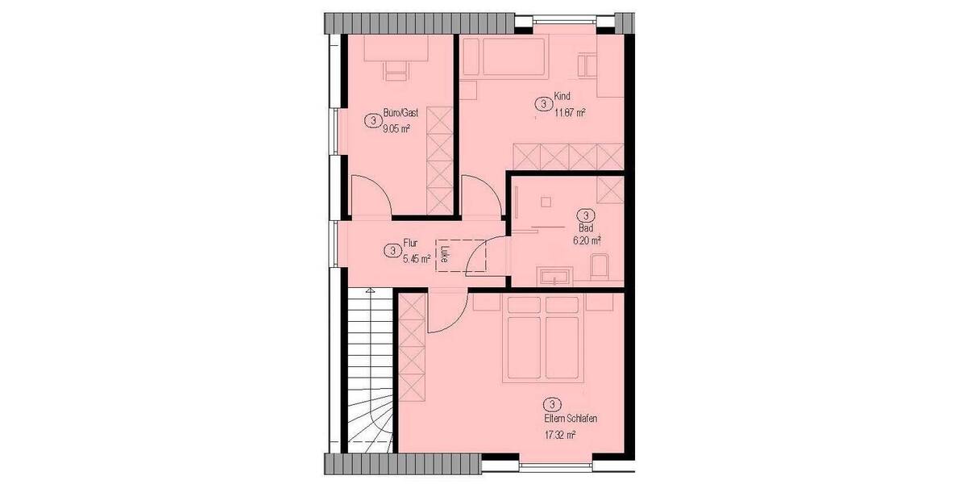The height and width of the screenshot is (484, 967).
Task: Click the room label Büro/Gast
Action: pos(400,113)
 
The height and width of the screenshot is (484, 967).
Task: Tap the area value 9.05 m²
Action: pos(396,128)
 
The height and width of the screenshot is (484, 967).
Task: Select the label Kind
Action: pos(562,97)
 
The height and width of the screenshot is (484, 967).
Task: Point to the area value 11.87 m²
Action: pos(569,113)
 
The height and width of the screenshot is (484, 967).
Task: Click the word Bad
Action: pos(586,228)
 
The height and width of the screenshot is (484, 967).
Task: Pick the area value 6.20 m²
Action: pos(587,240)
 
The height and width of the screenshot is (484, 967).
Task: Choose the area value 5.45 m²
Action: pos(416,258)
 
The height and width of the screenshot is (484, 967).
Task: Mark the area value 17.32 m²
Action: pos(559,435)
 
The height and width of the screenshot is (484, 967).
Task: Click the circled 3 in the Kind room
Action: pos(544,104)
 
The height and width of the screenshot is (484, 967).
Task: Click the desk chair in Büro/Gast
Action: pos(395,73)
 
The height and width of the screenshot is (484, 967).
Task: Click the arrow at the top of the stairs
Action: pos(369,290)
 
